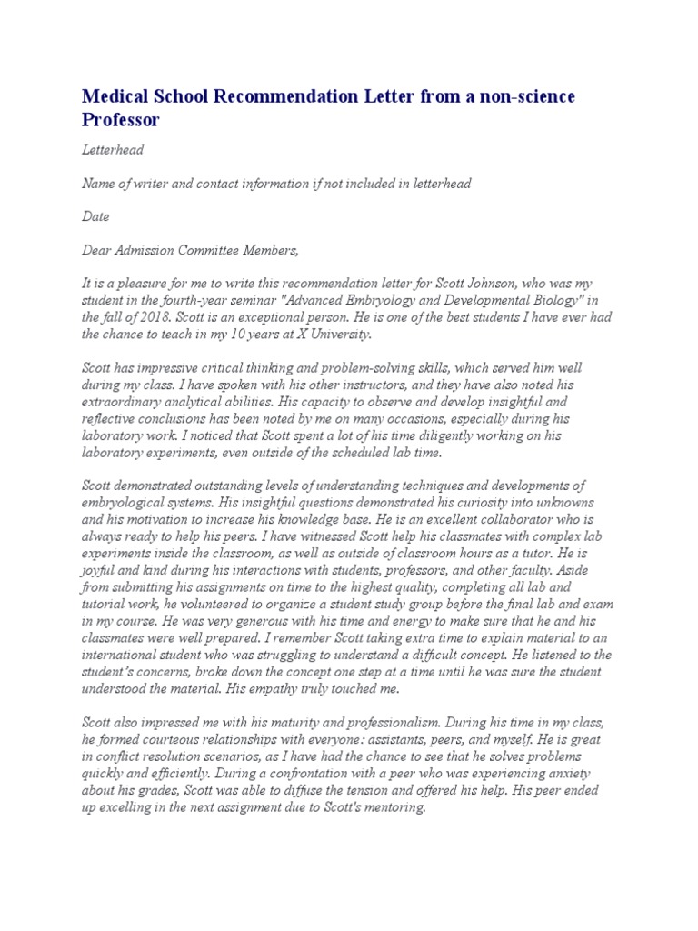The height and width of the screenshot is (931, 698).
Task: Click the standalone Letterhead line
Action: [113, 150]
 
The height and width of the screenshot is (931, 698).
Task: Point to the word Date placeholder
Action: [95, 217]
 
